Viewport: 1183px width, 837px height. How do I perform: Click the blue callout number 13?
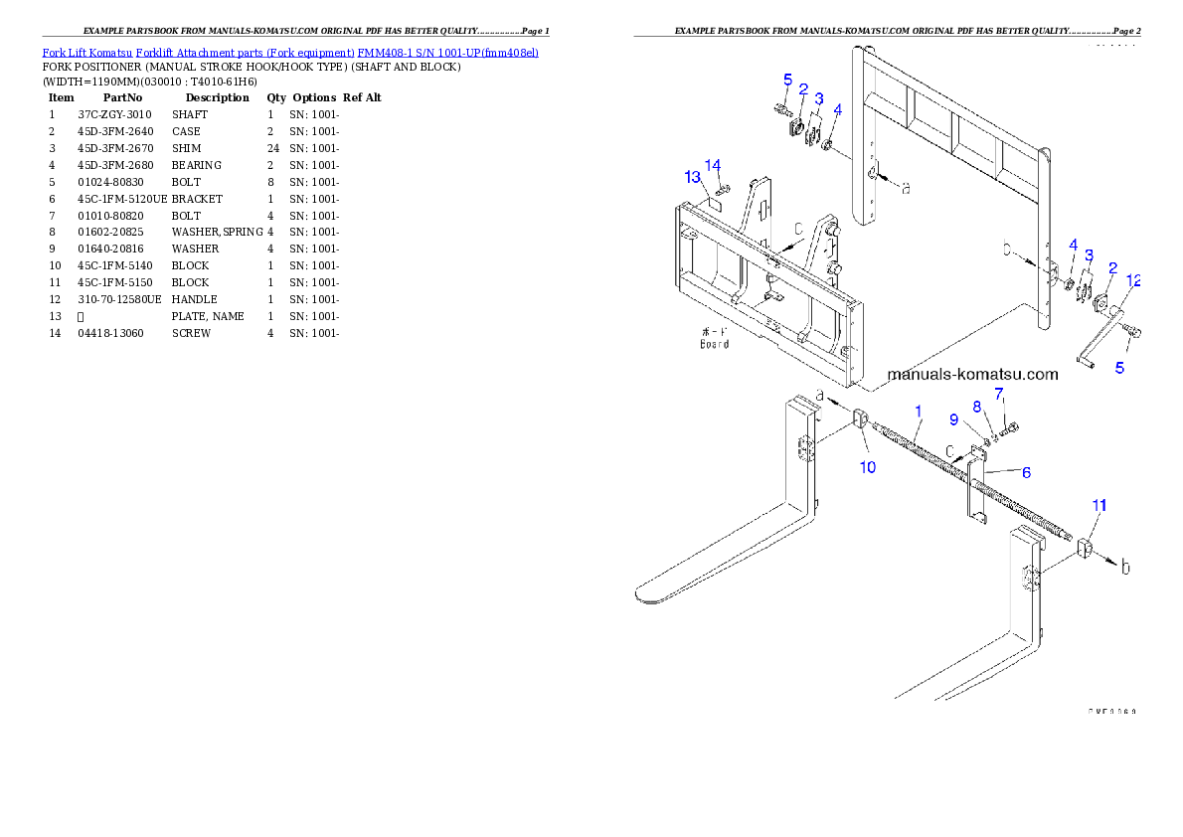[x=692, y=177]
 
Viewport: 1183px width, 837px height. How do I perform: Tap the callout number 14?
[x=713, y=164]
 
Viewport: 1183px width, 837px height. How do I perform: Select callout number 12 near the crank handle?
[x=1133, y=280]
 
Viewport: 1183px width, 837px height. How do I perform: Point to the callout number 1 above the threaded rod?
[x=919, y=410]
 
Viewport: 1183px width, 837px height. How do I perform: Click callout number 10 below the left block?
[x=868, y=466]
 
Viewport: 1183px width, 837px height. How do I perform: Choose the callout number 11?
[x=1098, y=506]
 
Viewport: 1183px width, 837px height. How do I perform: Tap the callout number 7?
[x=977, y=406]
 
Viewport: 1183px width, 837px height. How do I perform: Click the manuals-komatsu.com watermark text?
[x=972, y=375]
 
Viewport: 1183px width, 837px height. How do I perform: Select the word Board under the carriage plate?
[x=714, y=344]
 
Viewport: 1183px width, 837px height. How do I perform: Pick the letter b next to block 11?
[x=1125, y=568]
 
